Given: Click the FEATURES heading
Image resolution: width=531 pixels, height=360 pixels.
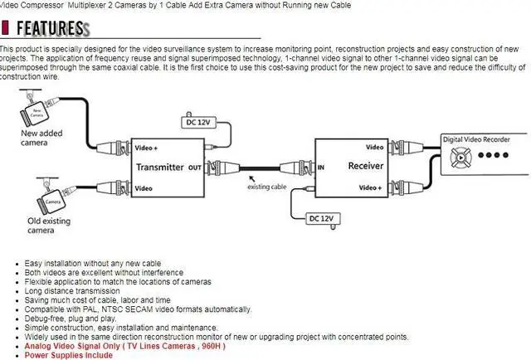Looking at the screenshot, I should [49, 28].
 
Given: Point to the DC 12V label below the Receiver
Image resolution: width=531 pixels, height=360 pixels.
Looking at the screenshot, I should [320, 219].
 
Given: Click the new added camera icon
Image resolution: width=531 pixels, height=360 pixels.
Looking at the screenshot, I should [32, 111].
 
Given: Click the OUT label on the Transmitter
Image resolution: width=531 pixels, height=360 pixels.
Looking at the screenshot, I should [195, 167].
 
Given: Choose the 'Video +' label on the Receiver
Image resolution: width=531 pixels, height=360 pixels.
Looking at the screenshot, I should [369, 187].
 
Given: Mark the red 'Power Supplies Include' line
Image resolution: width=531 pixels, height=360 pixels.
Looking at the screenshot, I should [68, 355].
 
